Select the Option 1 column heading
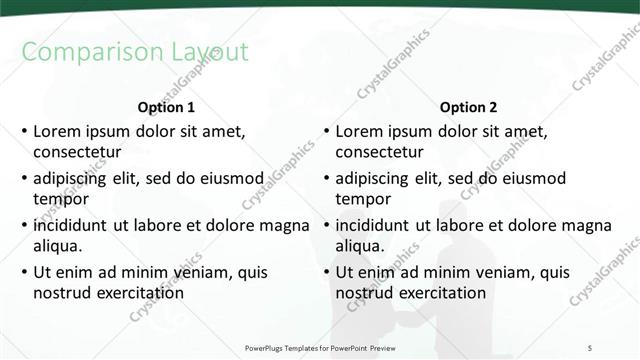tap(166, 107)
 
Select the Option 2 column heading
tap(468, 107)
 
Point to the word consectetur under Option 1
tap(77, 153)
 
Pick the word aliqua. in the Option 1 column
tap(58, 246)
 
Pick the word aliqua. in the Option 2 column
tap(360, 246)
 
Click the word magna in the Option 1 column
tap(284, 225)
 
